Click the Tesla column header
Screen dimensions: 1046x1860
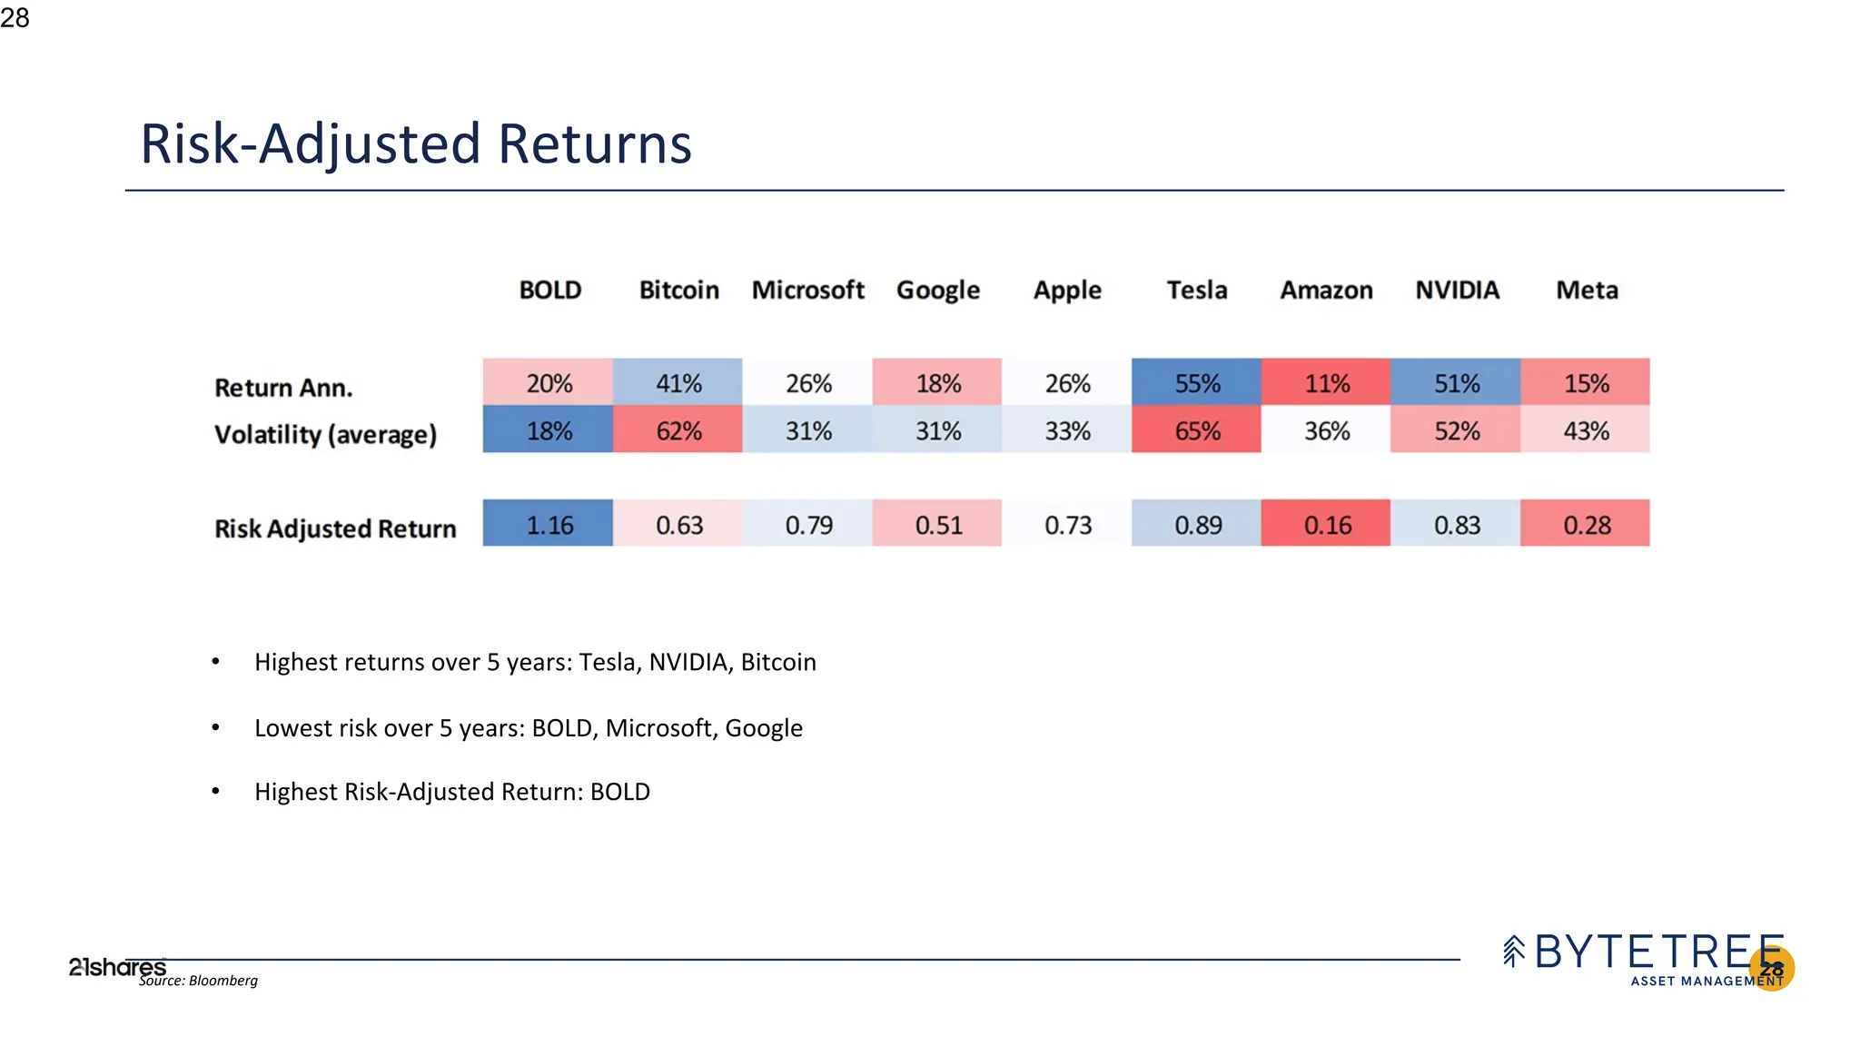tap(1196, 291)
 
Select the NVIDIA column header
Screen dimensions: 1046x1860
tap(1457, 291)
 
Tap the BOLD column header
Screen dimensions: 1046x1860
tap(549, 291)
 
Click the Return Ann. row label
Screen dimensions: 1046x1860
tap(283, 388)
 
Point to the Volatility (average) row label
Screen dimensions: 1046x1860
tap(325, 435)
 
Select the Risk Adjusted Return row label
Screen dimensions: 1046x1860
tap(335, 528)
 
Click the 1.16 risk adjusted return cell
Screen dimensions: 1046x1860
tap(549, 524)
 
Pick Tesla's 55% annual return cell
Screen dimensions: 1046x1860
tap(1196, 382)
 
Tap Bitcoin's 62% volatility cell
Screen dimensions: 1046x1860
tap(678, 430)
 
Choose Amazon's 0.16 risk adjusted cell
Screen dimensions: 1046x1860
tap(1326, 524)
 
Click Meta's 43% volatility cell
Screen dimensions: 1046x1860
tap(1585, 430)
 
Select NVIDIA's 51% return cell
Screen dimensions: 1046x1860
tap(1456, 382)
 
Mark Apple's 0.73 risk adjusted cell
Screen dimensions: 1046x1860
tap(1067, 524)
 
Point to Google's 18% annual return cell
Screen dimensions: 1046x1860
tap(937, 382)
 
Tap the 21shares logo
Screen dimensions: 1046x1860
tap(116, 967)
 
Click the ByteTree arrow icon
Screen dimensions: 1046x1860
tap(1513, 951)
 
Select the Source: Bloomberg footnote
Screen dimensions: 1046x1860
tap(198, 981)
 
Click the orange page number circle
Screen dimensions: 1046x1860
tap(1772, 969)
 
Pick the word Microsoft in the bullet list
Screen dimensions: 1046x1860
tap(658, 728)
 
